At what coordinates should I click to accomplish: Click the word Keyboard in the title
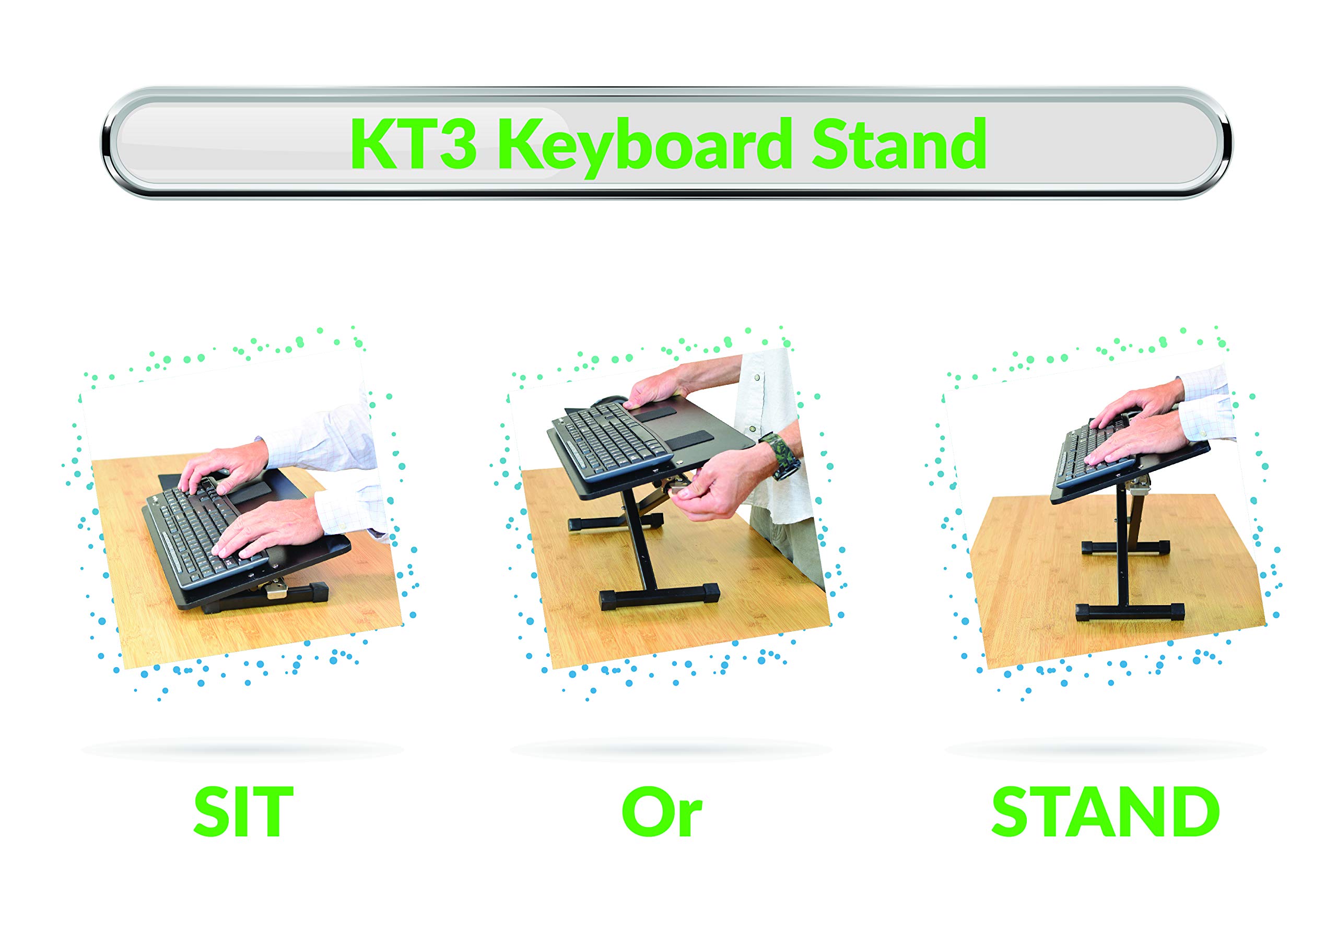(x=643, y=146)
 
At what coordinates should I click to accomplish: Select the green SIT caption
(x=243, y=812)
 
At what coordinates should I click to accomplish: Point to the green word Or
(x=662, y=812)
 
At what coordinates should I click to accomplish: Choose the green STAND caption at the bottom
(x=1105, y=812)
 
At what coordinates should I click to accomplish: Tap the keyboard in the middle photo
(x=608, y=440)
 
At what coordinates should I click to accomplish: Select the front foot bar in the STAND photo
(x=1130, y=611)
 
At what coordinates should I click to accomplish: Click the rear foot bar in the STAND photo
(x=1125, y=548)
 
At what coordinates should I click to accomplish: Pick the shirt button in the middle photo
(x=756, y=377)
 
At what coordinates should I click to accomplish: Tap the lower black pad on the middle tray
(x=690, y=439)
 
